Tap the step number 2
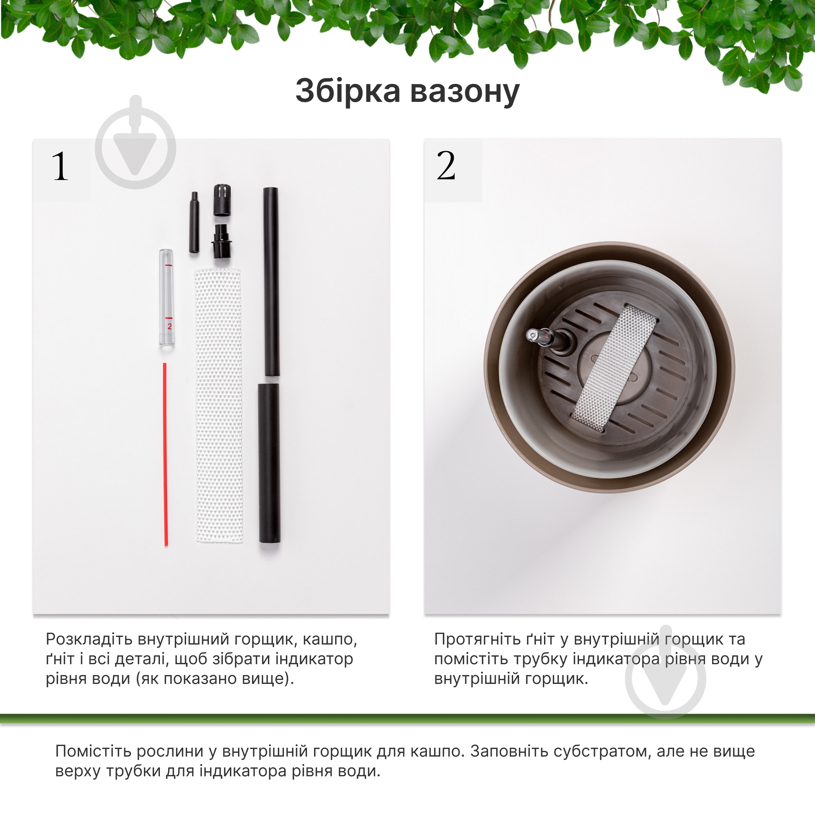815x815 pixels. (x=446, y=166)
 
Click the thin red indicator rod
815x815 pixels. (x=165, y=454)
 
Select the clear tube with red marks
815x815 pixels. (x=167, y=298)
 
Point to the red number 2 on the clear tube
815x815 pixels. (x=169, y=326)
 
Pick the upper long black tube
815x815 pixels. (x=271, y=282)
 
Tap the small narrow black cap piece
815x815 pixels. (x=194, y=222)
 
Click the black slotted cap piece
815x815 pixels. (x=222, y=200)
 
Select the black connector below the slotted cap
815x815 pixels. (x=221, y=241)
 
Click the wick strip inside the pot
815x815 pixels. (x=614, y=368)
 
